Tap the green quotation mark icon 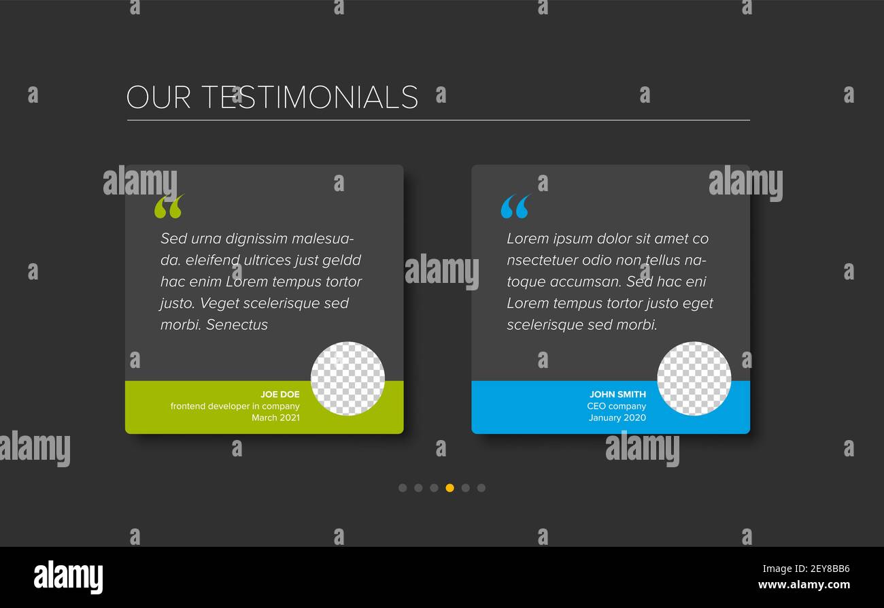click(x=169, y=206)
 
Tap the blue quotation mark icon click(x=515, y=206)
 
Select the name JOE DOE click(x=279, y=394)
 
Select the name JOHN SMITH click(x=617, y=394)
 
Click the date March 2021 click(x=275, y=418)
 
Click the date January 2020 click(x=617, y=418)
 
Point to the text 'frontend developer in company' click(x=235, y=406)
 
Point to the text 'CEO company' click(x=616, y=406)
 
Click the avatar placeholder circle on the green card click(x=347, y=378)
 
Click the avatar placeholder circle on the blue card click(x=694, y=378)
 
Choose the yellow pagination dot click(x=449, y=488)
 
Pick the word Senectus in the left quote click(x=237, y=324)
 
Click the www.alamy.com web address click(x=804, y=585)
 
